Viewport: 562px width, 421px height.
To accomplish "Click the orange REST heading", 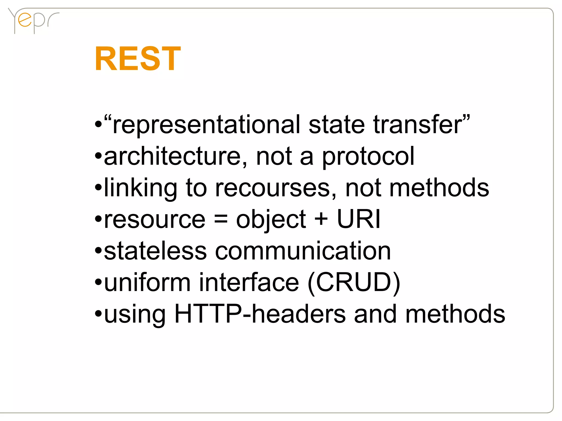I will click(137, 58).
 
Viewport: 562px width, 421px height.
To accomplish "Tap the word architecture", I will click(172, 156).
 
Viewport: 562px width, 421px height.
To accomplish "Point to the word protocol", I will click(368, 157).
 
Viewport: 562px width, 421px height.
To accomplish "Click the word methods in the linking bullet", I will click(439, 188).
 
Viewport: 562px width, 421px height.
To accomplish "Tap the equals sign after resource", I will click(221, 220).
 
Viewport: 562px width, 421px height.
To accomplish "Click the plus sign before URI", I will click(321, 220).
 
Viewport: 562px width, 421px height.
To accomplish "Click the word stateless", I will click(155, 251).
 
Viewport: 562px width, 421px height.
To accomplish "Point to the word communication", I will click(303, 251).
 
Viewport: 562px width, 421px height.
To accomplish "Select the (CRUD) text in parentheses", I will click(354, 282).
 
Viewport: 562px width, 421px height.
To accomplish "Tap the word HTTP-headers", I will click(260, 314).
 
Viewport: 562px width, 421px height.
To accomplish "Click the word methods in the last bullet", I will click(455, 314).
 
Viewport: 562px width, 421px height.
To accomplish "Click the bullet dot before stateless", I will click(98, 251).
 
